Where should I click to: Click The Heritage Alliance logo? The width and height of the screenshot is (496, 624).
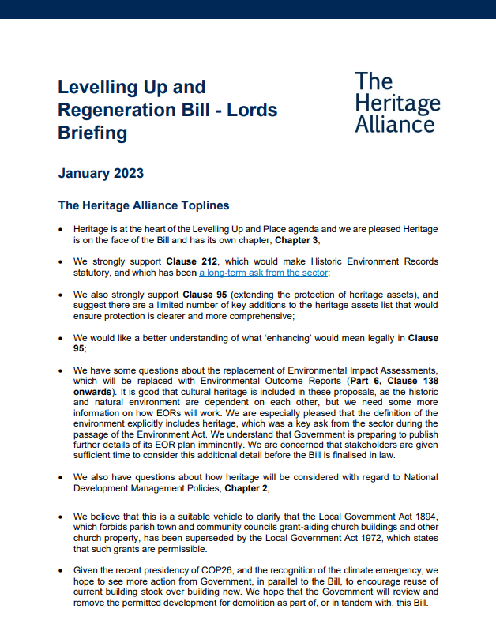coord(396,103)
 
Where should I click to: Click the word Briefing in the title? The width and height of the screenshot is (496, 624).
coord(92,133)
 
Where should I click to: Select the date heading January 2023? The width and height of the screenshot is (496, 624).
coord(100,173)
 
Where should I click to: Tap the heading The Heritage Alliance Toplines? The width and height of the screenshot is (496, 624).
coord(144,205)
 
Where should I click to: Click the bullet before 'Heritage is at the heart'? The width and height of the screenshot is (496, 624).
coord(62,228)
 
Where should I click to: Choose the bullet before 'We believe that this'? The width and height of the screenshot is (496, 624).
coord(62,517)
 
